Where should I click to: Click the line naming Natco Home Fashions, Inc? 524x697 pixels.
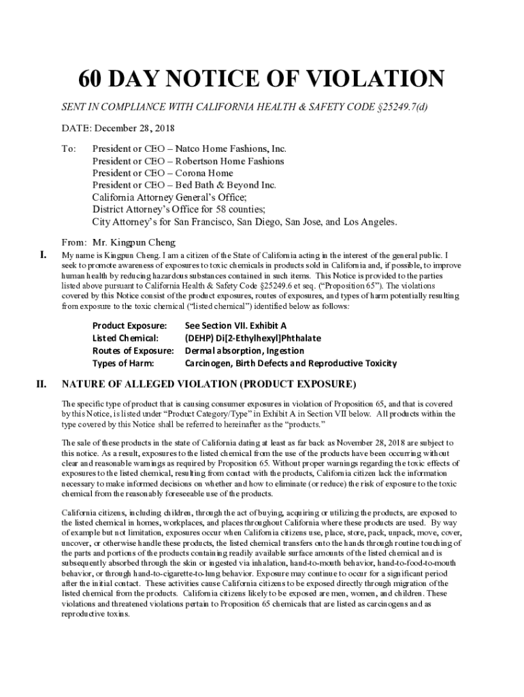(x=189, y=148)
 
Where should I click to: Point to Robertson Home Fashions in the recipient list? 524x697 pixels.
(x=188, y=161)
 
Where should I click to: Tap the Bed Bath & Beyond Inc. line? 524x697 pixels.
(x=184, y=185)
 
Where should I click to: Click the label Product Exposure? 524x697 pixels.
(x=130, y=326)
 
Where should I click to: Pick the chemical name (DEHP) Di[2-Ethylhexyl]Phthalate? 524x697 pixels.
(x=252, y=338)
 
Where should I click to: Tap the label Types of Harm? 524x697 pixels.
(x=124, y=363)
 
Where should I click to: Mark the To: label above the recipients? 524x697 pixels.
(x=69, y=148)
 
